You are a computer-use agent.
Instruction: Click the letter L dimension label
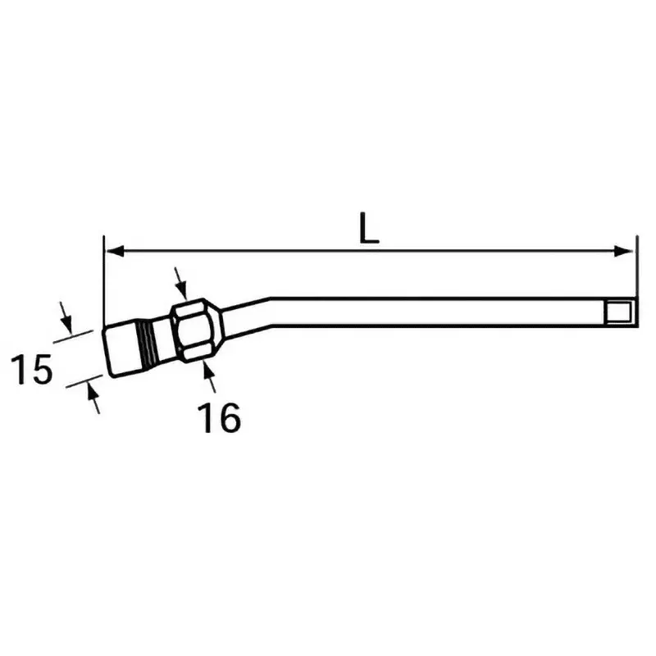coord(370,229)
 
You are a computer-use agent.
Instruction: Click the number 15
coord(32,370)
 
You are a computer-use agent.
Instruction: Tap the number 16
coord(219,417)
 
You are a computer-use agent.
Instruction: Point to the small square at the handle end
coord(619,312)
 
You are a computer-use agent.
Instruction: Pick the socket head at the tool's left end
coord(124,352)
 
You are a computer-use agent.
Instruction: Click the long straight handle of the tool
coord(443,312)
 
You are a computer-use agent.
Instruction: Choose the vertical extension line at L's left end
coord(104,279)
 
